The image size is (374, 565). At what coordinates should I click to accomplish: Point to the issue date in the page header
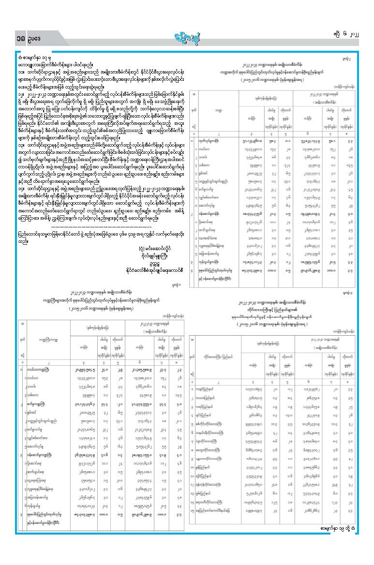click(348, 34)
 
